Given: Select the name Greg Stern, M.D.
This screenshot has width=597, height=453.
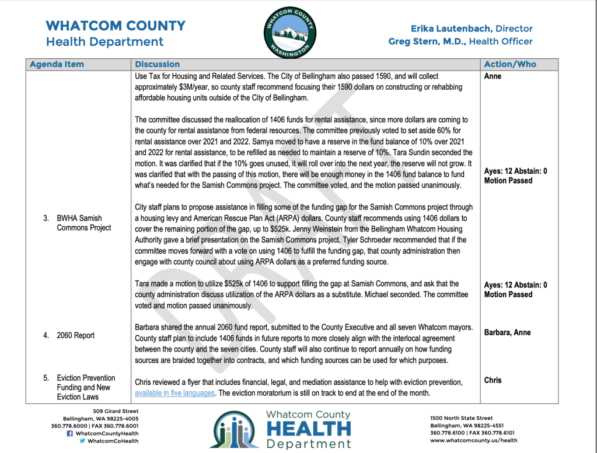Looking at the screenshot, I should point(427,41).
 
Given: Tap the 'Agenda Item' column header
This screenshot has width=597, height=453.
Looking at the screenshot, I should point(57,64).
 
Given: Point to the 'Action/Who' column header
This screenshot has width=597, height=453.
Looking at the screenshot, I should point(510,64).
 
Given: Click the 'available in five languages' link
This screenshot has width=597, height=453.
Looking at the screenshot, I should point(175,393).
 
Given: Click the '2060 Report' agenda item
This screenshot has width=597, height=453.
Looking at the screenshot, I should point(75,335).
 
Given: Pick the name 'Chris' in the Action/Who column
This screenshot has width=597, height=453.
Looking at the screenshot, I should point(493,380).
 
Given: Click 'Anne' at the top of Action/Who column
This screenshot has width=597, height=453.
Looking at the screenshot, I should point(493,76).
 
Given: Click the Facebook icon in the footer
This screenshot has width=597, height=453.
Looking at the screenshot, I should point(69,433).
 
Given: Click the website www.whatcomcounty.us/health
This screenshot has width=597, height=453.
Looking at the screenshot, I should point(474,440).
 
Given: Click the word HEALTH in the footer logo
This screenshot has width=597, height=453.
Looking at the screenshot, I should point(309,429).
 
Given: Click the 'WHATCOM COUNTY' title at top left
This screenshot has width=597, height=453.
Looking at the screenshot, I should point(116,26).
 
